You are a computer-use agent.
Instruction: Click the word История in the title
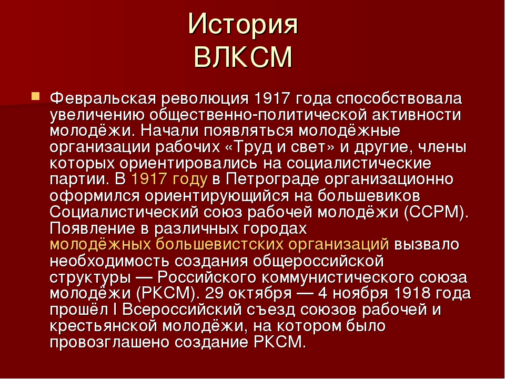(243, 24)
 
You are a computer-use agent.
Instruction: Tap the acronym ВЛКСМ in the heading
(243, 57)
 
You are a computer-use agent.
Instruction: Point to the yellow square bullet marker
(35, 96)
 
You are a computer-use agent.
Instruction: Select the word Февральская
(103, 98)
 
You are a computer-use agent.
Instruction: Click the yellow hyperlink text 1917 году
(169, 179)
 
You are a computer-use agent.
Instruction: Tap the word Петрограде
(272, 179)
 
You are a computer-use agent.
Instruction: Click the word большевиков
(369, 196)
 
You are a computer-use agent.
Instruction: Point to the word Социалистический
(124, 212)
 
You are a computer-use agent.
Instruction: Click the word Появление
(93, 228)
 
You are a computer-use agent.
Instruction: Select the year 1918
(412, 293)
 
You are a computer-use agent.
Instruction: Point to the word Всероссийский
(182, 310)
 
